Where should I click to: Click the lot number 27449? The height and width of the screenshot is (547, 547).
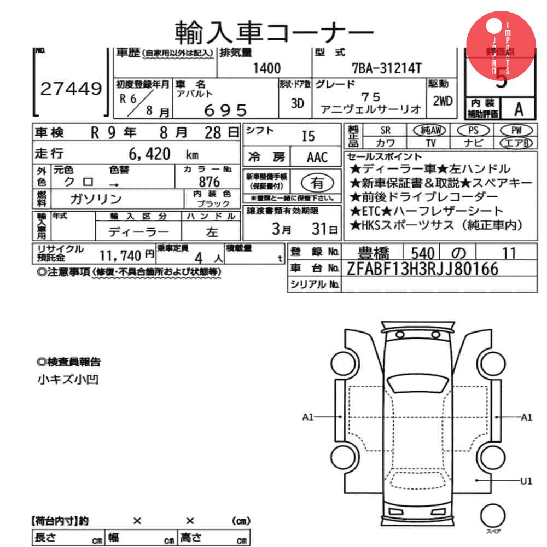coord(71,88)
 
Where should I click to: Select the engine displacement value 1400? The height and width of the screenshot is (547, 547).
coord(267,68)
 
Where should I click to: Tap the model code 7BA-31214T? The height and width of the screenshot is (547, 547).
coord(387,68)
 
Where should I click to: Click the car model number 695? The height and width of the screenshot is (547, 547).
coord(225,110)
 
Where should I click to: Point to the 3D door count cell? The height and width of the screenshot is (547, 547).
coord(297,102)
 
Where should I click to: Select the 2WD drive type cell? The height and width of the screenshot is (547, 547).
coord(442,101)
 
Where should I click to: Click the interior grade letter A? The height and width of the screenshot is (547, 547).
coord(518,109)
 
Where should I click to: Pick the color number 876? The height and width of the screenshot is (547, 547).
coord(210,182)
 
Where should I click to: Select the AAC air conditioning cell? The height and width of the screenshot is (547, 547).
coord(317,158)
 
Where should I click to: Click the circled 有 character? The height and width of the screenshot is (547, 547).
coord(317,182)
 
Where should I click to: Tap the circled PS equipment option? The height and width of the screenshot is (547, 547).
coord(473,130)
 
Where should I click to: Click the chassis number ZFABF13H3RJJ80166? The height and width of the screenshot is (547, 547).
coord(422,268)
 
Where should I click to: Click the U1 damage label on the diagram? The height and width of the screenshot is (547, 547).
coord(526,481)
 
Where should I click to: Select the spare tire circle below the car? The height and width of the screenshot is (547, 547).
coord(492,515)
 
